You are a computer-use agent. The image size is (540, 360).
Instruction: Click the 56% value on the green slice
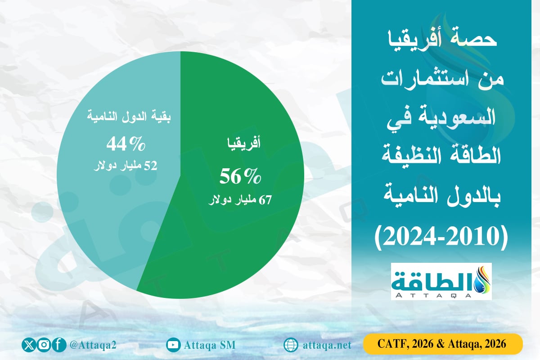[240, 176]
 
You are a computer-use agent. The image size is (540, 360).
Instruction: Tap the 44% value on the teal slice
[126, 144]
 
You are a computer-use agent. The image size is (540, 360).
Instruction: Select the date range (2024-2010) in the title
[441, 235]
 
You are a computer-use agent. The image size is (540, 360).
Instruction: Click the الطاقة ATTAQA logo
[441, 281]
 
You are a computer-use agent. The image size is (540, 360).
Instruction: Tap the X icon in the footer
[29, 345]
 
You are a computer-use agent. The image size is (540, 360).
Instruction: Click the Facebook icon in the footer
[58, 345]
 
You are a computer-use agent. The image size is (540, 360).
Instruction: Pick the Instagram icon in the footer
[43, 345]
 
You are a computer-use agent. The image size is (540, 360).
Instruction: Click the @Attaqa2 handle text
[94, 345]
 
